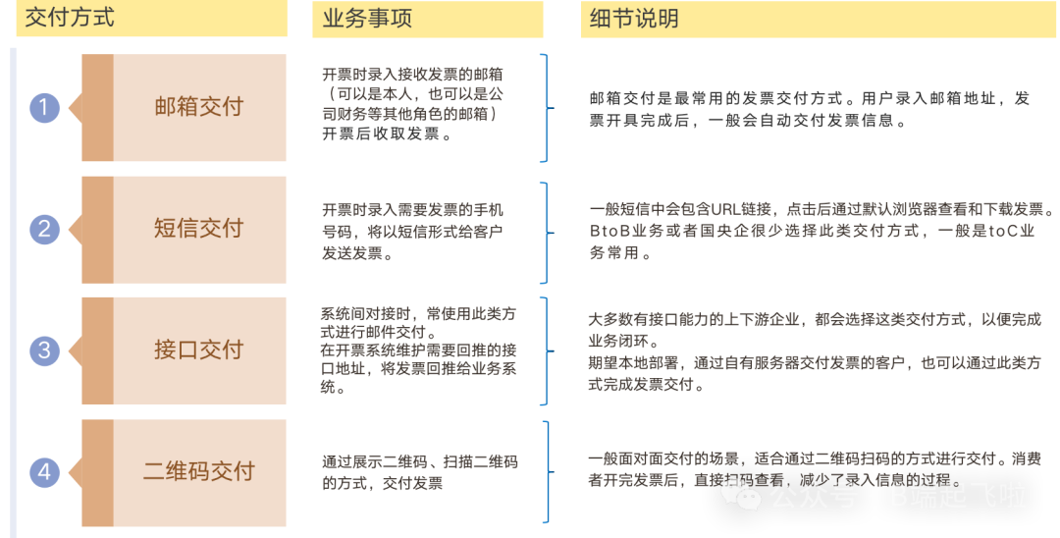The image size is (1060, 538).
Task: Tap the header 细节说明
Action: [633, 18]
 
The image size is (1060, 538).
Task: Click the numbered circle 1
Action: [44, 108]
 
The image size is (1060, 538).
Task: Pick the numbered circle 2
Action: [44, 229]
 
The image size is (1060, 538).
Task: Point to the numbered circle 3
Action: [44, 350]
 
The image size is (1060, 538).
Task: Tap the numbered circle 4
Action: [44, 471]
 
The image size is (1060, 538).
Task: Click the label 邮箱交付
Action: [198, 107]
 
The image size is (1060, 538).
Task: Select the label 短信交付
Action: [198, 229]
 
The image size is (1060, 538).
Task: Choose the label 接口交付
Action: [198, 350]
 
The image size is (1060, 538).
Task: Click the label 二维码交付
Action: [198, 471]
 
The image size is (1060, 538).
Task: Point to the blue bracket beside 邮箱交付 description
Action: [545, 108]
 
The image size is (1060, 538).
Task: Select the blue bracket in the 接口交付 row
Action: [545, 350]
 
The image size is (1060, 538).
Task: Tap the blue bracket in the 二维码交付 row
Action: [545, 471]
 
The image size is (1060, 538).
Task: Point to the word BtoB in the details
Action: [607, 232]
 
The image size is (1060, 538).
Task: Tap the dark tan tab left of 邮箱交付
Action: [97, 108]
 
